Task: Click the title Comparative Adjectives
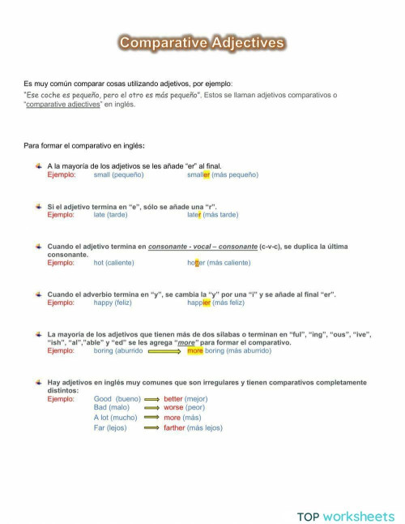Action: [x=202, y=43]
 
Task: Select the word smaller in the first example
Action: [x=198, y=174]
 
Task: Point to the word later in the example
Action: [x=194, y=215]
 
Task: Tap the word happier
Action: [x=198, y=303]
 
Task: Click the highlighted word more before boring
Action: [x=194, y=350]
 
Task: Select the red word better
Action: [x=173, y=399]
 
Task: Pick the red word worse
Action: [x=173, y=408]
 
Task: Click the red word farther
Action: [x=174, y=427]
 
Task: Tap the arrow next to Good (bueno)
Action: [x=151, y=399]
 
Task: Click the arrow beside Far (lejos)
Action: [x=151, y=427]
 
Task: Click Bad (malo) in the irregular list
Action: [x=111, y=408]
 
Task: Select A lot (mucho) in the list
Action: [x=115, y=418]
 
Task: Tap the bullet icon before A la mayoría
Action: [x=38, y=165]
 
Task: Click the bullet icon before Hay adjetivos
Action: [x=38, y=381]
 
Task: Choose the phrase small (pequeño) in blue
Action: [x=118, y=174]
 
